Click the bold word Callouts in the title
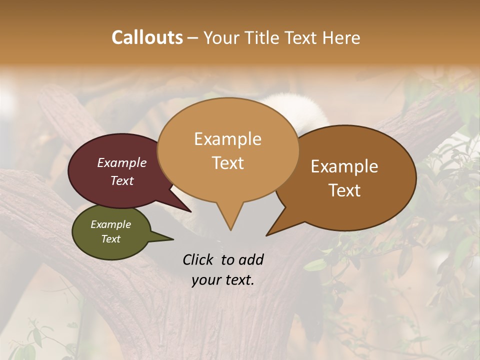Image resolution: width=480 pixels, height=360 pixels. click(x=147, y=37)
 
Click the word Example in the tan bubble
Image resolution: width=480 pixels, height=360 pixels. click(x=227, y=139)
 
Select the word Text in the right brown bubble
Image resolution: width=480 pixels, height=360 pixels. click(x=345, y=190)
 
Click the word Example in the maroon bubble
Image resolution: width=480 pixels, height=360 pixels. click(x=122, y=162)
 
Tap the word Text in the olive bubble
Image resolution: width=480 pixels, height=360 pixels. click(x=111, y=239)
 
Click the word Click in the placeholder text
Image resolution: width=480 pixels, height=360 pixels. click(x=198, y=259)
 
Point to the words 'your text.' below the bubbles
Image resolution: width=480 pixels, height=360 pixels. click(x=223, y=280)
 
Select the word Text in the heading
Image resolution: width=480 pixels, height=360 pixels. click(x=301, y=38)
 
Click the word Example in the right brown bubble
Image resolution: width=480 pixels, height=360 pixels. click(x=344, y=166)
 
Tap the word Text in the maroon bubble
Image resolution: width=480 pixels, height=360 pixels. click(x=122, y=180)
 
